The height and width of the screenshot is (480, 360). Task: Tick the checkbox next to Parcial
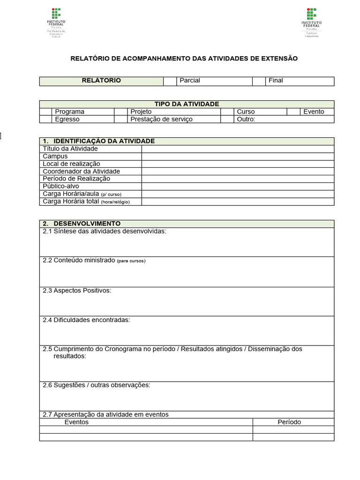169,81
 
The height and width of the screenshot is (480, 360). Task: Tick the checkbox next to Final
259,81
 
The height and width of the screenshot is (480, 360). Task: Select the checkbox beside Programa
45,112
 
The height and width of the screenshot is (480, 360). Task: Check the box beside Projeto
121,112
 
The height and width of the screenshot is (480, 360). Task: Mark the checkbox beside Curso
227,112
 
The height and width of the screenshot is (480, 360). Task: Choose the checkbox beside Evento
293,112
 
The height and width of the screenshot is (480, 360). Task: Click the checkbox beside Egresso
45,119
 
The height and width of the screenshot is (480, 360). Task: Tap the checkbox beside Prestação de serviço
121,119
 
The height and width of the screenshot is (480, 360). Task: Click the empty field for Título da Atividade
238,149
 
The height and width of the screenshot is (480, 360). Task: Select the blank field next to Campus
238,156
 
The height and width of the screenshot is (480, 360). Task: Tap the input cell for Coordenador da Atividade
238,171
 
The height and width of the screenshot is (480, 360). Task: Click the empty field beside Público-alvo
238,186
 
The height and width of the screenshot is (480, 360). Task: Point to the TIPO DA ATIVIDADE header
187,104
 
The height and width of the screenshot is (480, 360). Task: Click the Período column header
289,422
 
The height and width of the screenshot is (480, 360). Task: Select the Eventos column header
76,422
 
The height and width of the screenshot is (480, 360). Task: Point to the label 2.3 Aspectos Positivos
77,291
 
